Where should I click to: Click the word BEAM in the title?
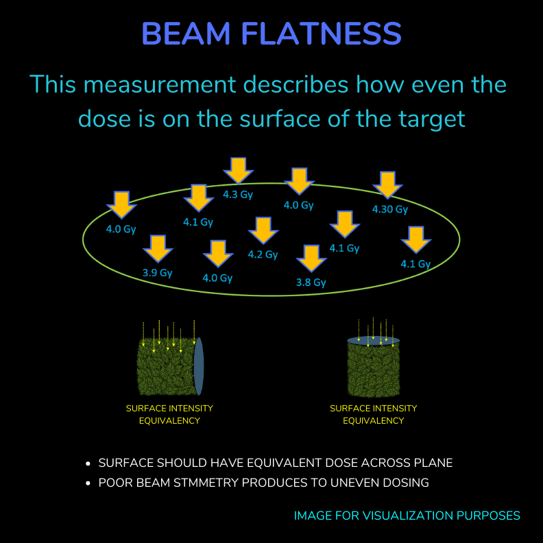pos(186,33)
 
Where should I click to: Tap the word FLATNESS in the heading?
pos(322,33)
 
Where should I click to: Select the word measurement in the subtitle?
pos(160,84)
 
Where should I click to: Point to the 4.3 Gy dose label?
pos(237,195)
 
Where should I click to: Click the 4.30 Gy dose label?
pos(390,209)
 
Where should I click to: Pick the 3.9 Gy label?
pos(158,273)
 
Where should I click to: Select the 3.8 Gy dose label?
pos(311,282)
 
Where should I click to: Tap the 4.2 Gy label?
pos(263,254)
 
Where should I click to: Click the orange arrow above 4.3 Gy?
pos(239,171)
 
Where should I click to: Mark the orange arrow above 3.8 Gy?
pos(311,258)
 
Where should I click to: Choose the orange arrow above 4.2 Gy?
pos(263,230)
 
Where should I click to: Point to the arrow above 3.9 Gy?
pos(158,249)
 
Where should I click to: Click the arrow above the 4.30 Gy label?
pos(387,185)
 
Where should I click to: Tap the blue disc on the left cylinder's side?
pos(198,366)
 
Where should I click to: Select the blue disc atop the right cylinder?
pos(373,341)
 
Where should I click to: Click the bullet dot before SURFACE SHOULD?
pos(88,463)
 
